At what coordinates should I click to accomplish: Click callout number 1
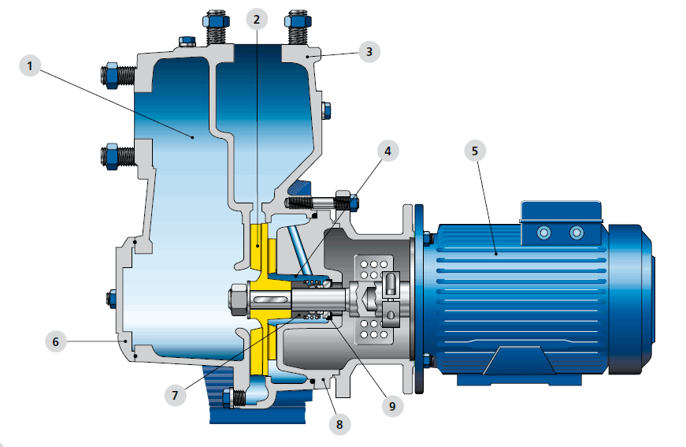tap(30, 66)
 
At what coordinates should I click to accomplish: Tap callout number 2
tap(257, 19)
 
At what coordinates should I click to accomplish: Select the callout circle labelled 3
tap(369, 51)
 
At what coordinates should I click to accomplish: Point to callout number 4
tap(387, 151)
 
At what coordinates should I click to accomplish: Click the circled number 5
tap(475, 151)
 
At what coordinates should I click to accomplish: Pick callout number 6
tap(56, 341)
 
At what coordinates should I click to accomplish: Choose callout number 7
tap(176, 395)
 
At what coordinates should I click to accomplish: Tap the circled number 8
tap(339, 424)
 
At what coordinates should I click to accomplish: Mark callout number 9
tap(392, 406)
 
